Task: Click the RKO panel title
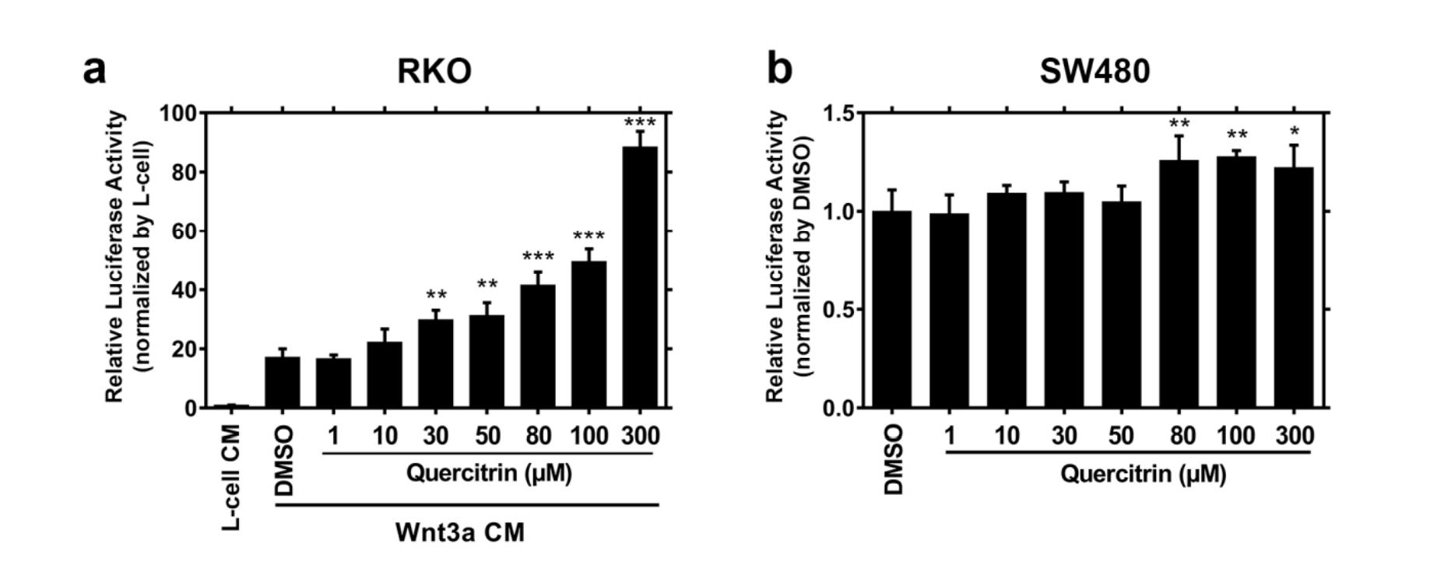(x=434, y=72)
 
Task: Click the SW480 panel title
(x=1094, y=72)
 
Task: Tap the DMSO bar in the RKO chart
(x=283, y=382)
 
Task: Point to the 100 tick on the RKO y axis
(x=178, y=114)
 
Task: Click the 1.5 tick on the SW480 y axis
(x=841, y=114)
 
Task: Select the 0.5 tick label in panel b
(x=841, y=310)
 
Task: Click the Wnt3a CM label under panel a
(x=460, y=532)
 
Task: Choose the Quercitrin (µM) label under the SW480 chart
(x=1143, y=473)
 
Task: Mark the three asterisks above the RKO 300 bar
(x=640, y=123)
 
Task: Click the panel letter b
(x=779, y=68)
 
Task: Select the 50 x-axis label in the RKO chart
(x=487, y=436)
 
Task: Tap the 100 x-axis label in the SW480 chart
(x=1236, y=436)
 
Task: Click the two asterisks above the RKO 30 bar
(x=436, y=296)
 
